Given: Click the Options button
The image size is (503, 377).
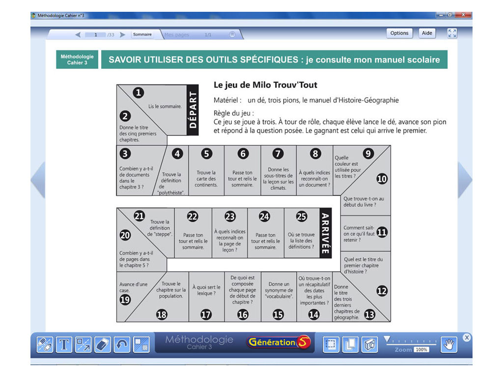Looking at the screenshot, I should [399, 33].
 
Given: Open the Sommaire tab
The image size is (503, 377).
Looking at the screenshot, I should [142, 34].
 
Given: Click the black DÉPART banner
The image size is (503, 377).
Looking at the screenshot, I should [193, 109].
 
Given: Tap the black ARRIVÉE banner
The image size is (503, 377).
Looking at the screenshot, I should [324, 233].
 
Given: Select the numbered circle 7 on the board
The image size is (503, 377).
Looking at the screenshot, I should [278, 154].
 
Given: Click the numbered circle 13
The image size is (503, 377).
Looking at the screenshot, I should [369, 315].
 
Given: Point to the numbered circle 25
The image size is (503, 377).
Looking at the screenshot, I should [301, 216].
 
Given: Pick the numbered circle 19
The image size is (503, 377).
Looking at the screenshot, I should [125, 299].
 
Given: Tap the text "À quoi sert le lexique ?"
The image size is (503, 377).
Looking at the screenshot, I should [206, 290].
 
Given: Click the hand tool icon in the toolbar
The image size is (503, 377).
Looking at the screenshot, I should [448, 345].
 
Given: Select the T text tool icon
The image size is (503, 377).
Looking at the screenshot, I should [64, 345].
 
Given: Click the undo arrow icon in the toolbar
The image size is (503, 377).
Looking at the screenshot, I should [122, 345].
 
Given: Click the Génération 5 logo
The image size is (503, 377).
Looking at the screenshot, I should [279, 343].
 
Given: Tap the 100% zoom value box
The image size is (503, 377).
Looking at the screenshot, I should [421, 350].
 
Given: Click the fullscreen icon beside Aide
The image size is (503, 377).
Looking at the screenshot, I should [452, 33].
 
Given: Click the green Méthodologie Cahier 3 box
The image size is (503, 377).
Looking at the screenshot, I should [77, 59].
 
